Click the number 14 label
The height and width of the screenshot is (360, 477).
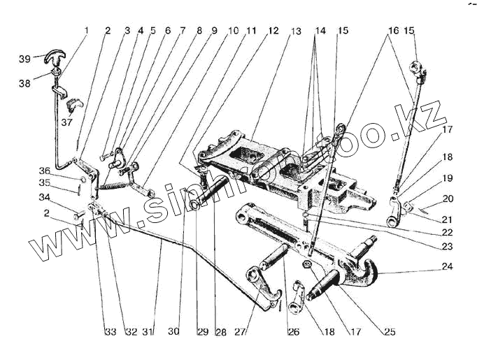(x=320, y=32)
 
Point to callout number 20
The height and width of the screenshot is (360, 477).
(x=448, y=199)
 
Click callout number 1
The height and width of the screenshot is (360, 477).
(x=87, y=31)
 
